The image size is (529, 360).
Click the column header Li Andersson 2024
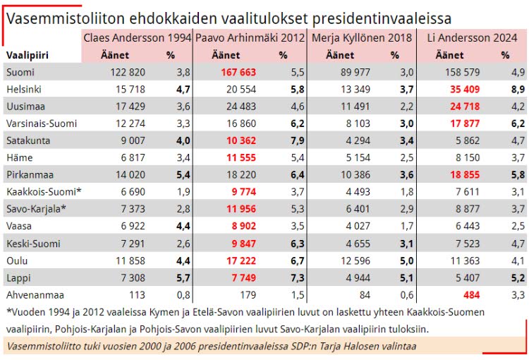click(x=472, y=37)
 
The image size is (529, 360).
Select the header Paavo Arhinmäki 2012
click(x=250, y=37)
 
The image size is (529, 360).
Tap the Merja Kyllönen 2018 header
click(x=362, y=38)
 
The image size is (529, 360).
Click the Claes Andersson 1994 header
click(x=138, y=37)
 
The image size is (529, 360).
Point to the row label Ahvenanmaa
click(x=35, y=295)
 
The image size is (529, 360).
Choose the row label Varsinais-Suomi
click(x=42, y=124)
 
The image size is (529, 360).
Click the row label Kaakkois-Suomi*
click(x=44, y=192)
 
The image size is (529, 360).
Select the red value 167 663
click(x=238, y=72)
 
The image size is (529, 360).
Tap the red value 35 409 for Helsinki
click(x=465, y=89)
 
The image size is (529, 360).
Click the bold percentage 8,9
click(x=518, y=89)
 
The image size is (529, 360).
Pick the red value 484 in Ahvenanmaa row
click(x=472, y=295)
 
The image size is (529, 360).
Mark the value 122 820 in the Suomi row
click(x=128, y=72)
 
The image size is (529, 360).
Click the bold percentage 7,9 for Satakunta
click(x=297, y=140)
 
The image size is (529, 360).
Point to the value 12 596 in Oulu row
click(x=355, y=260)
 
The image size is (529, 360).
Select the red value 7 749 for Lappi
click(x=244, y=277)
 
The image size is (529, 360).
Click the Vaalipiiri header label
click(x=28, y=55)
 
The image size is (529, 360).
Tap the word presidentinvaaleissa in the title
click(x=382, y=19)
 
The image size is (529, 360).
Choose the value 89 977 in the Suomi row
click(x=355, y=72)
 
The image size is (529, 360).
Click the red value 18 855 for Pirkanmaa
click(x=465, y=174)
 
